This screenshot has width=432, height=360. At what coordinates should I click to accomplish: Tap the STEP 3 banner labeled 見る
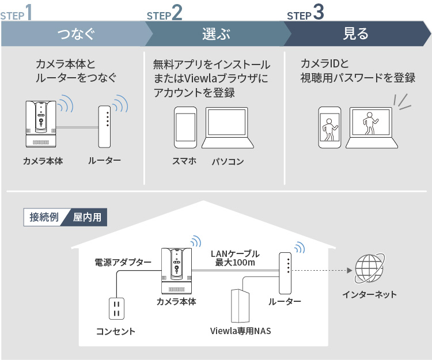click(x=355, y=34)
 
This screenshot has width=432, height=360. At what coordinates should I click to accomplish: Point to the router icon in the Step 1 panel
click(x=104, y=126)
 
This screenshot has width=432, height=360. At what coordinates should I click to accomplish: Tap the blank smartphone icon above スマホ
click(x=185, y=128)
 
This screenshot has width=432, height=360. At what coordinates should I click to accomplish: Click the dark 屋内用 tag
click(x=87, y=217)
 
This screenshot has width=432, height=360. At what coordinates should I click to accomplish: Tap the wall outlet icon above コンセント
click(x=116, y=308)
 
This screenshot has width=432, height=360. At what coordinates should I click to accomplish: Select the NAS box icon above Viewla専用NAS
click(x=240, y=305)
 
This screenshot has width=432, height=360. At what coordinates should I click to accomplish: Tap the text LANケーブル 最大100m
click(x=235, y=258)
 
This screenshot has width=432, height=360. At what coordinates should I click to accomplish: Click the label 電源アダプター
click(x=123, y=262)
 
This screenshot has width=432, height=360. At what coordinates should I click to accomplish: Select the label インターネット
click(x=369, y=294)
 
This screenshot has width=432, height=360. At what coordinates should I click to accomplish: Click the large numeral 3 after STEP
click(x=319, y=13)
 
